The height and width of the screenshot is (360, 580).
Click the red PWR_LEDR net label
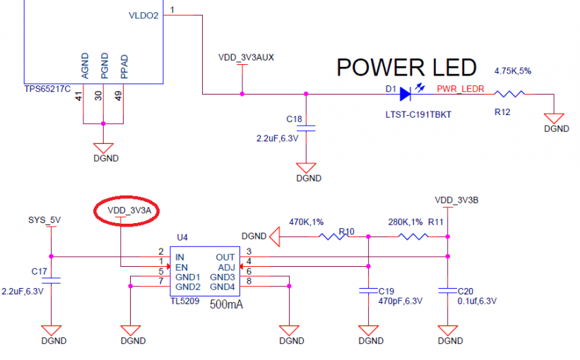(460, 89)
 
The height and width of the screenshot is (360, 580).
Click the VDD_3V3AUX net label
(245, 58)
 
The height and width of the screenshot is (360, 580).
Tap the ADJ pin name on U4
(226, 267)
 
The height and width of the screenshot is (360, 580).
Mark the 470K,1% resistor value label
(307, 222)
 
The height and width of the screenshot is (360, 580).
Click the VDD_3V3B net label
(456, 200)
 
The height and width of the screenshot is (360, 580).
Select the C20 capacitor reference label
(465, 291)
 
